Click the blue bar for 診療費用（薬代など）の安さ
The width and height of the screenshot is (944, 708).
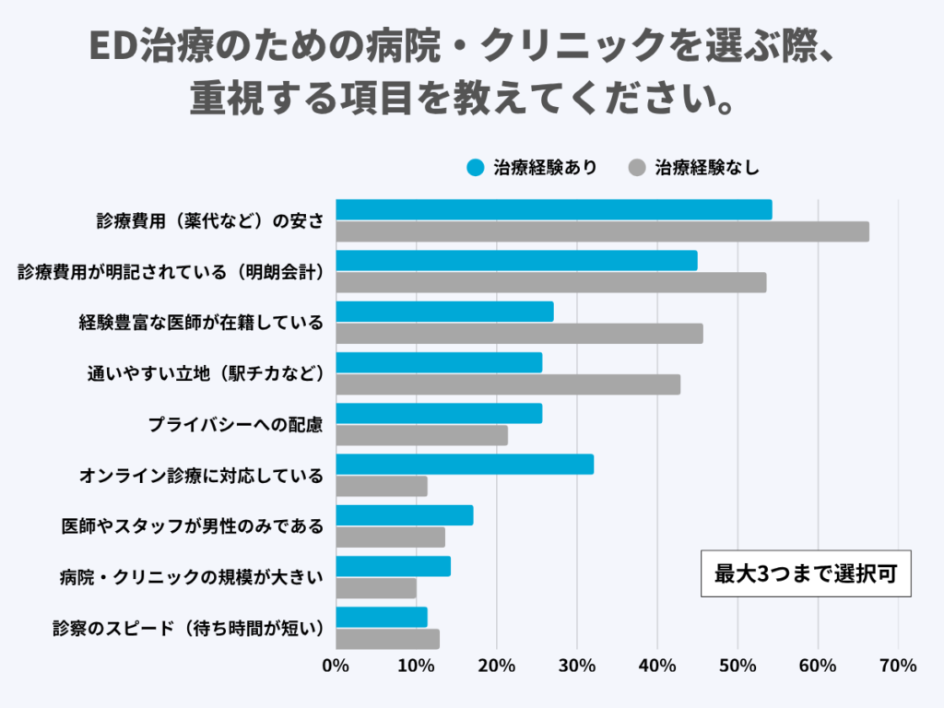tap(553, 210)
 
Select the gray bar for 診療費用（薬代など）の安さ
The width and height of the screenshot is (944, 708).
tap(602, 232)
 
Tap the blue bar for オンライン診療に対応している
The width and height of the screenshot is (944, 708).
tap(465, 465)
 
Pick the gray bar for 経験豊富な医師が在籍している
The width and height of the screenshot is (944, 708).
tap(519, 334)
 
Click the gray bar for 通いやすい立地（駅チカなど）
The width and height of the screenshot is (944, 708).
tap(508, 384)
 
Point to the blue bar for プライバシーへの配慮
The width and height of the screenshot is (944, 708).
tap(439, 414)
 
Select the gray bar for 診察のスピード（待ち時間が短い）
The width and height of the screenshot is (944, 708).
tap(387, 639)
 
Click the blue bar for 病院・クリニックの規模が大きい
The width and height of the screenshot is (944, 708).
tap(393, 566)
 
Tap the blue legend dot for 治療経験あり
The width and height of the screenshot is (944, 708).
tap(476, 168)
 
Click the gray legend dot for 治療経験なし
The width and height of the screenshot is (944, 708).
tap(636, 168)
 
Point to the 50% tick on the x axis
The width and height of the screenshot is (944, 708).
tap(737, 667)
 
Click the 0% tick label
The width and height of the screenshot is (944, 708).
tap(336, 667)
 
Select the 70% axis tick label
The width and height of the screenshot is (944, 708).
tap(898, 667)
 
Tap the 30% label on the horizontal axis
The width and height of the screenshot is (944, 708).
tap(577, 667)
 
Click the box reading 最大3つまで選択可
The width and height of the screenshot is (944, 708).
tap(806, 573)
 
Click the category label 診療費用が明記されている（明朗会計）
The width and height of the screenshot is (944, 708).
tap(171, 272)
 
